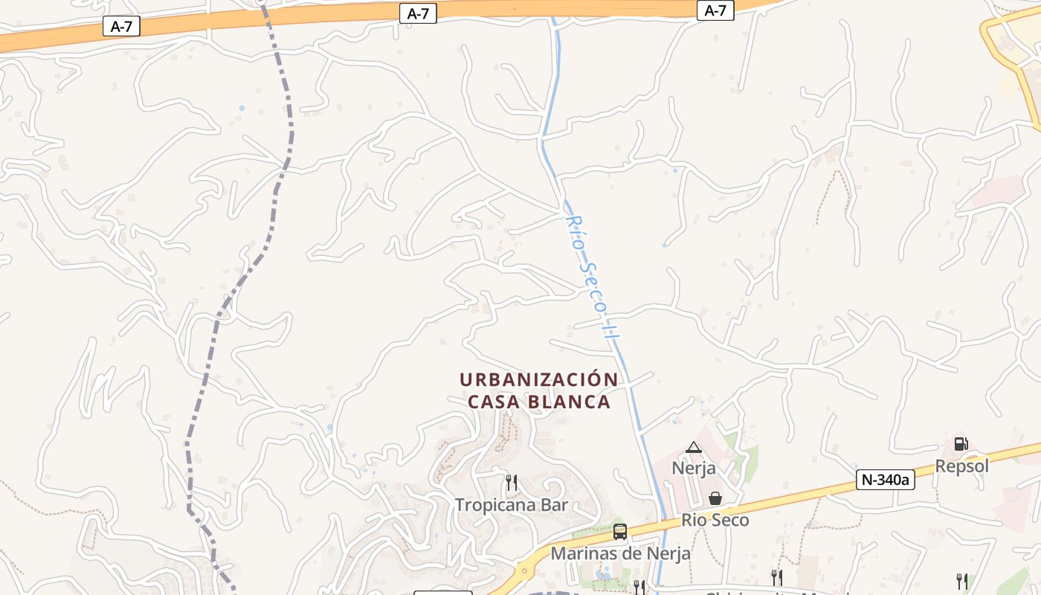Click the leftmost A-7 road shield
point(121,27)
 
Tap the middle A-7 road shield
point(418,13)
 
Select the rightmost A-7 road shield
point(715,10)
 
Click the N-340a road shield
point(885,480)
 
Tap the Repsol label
point(962,466)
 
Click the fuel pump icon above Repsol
point(961,444)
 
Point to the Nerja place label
point(694,468)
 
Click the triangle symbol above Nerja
point(694,447)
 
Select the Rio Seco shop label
point(715,520)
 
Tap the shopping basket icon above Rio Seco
point(715,498)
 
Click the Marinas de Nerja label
point(620,553)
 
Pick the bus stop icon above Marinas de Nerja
point(620,532)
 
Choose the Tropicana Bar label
point(512,505)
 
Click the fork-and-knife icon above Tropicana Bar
point(512,483)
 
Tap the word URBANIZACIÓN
point(539,379)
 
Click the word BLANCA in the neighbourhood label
point(571,402)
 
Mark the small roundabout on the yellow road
point(525,571)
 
